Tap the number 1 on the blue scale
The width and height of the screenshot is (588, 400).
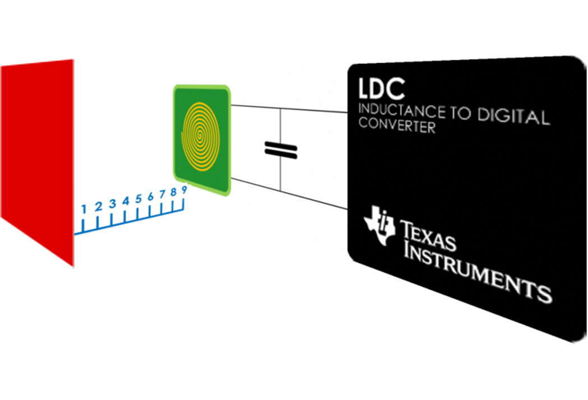[x=84, y=209]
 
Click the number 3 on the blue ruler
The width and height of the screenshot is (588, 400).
[x=112, y=204]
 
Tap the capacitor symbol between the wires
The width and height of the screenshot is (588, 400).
[x=281, y=149]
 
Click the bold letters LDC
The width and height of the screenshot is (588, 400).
[x=381, y=89]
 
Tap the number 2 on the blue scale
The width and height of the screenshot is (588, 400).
[x=98, y=207]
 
